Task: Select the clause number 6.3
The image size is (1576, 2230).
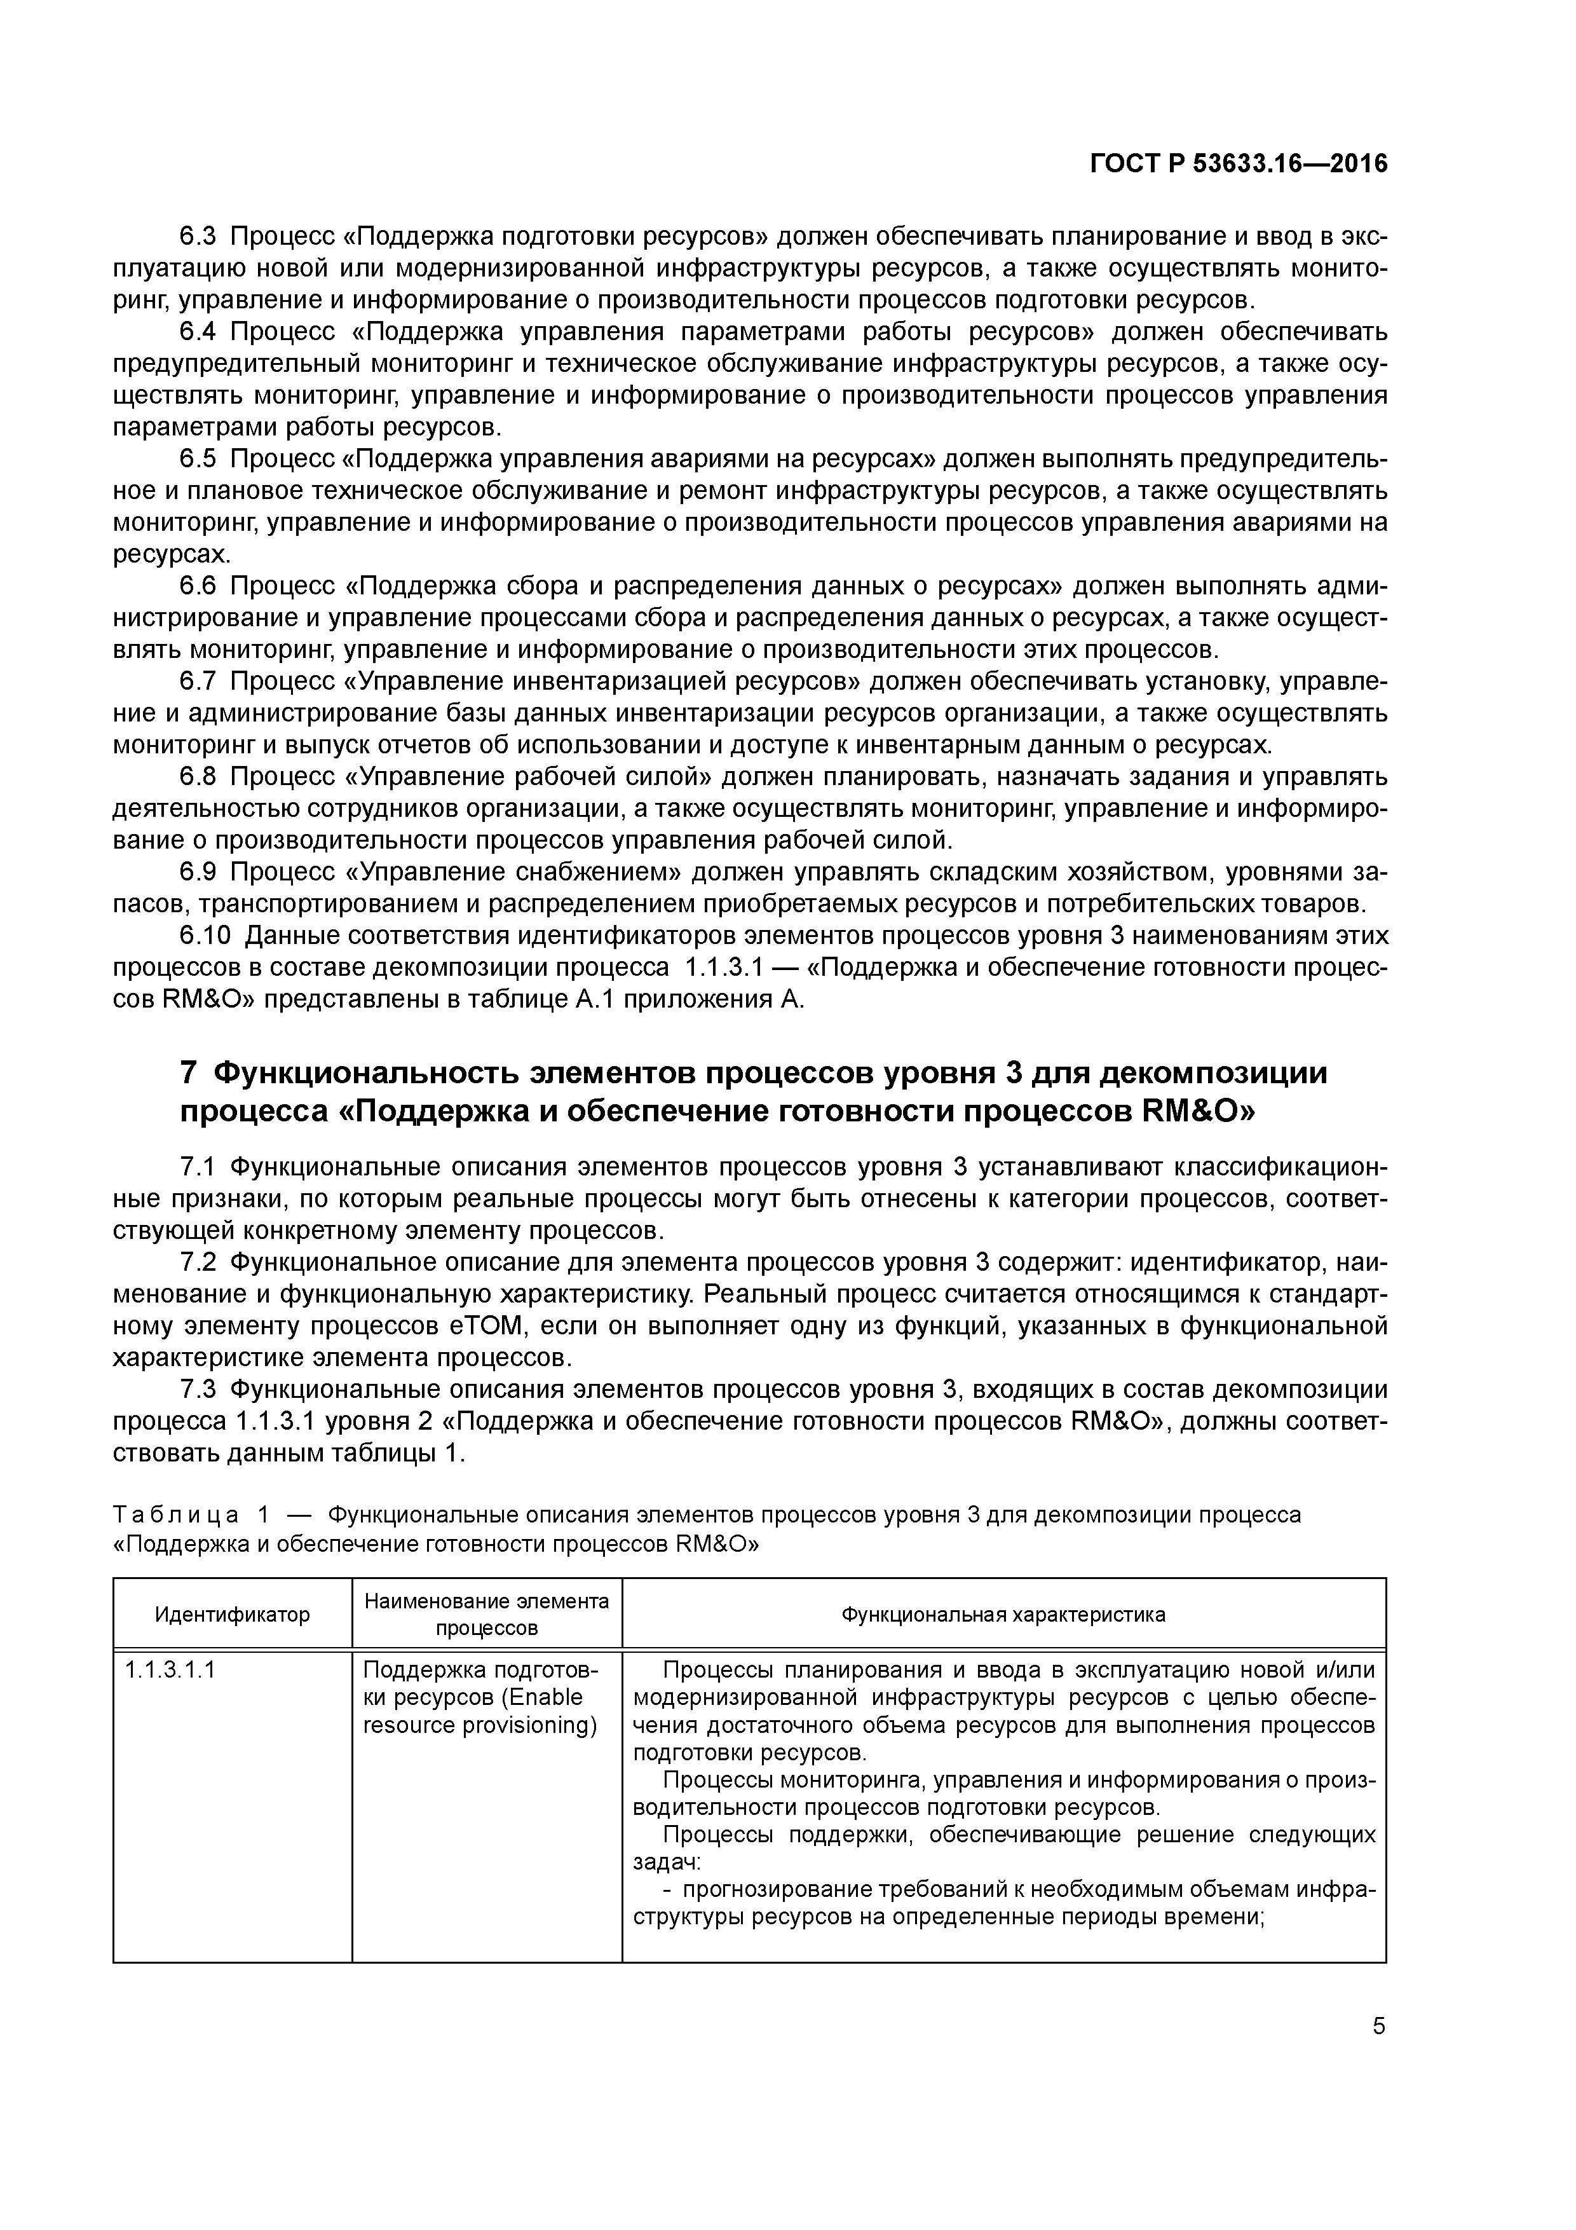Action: point(200,236)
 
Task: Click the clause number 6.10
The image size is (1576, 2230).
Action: point(206,936)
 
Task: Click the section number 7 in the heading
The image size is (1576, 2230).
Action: point(189,1073)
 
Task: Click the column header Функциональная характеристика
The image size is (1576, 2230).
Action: point(1003,1614)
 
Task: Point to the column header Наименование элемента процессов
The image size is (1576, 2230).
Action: point(487,1614)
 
